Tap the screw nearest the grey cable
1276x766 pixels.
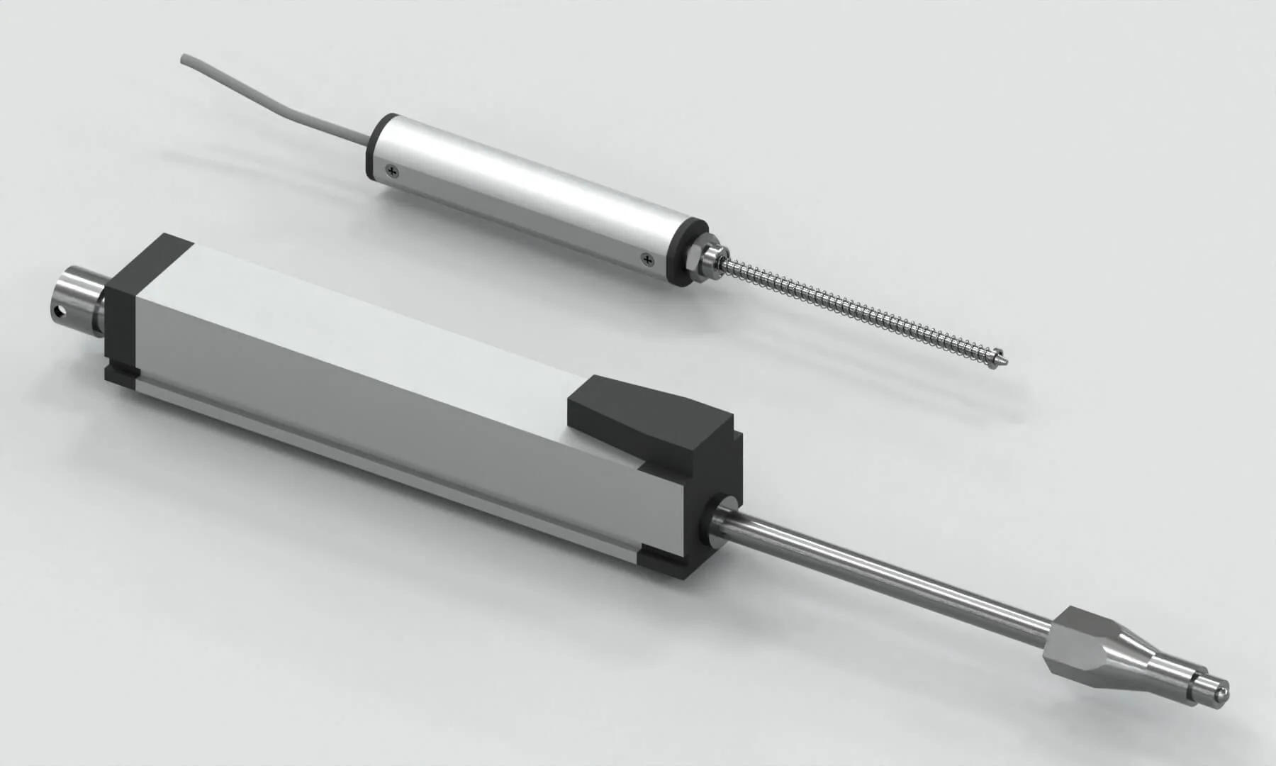[392, 170]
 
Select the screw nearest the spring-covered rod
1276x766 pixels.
[646, 260]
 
